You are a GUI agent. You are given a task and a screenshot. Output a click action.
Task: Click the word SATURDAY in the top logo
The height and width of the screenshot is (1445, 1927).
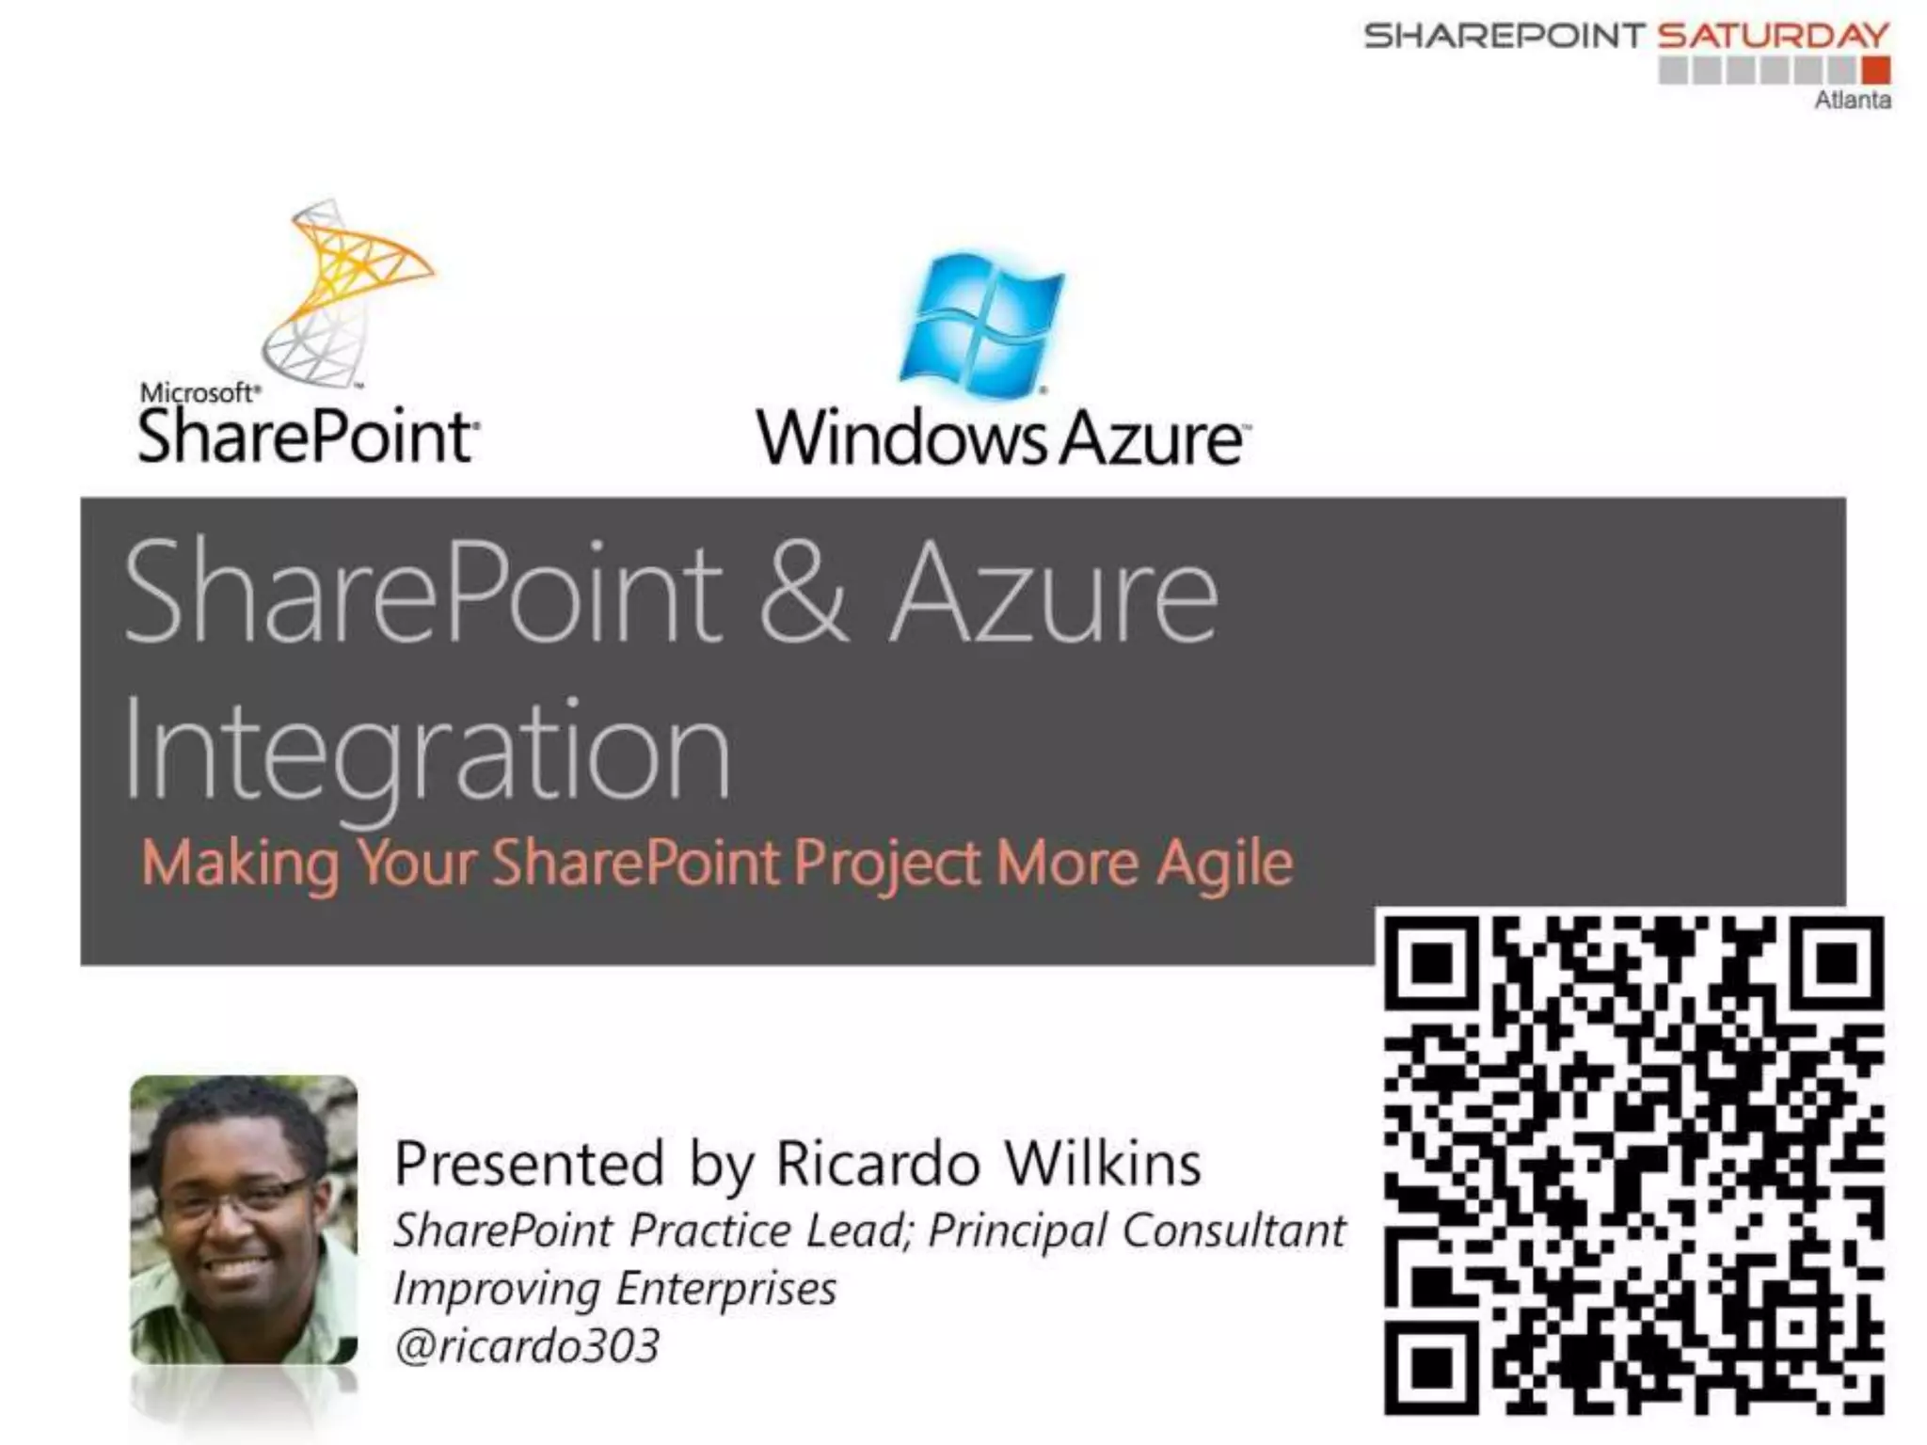pos(1773,36)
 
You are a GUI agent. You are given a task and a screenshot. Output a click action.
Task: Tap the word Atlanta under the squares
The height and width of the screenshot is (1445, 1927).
pos(1852,100)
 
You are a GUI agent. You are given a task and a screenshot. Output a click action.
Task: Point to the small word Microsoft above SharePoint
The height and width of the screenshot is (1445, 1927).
pos(198,393)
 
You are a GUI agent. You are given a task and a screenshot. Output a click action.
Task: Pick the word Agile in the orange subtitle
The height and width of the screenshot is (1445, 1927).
pos(1224,864)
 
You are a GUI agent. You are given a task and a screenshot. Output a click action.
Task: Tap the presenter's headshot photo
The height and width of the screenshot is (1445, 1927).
pos(244,1219)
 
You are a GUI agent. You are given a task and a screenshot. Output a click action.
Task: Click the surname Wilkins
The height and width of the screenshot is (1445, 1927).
pos(1103,1164)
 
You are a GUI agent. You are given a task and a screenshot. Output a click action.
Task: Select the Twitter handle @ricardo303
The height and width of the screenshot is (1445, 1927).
pos(527,1345)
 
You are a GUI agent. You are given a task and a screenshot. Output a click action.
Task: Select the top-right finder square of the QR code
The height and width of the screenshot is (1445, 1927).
pos(1836,962)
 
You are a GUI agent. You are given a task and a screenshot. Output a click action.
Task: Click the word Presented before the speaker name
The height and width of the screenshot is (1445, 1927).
pos(530,1164)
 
